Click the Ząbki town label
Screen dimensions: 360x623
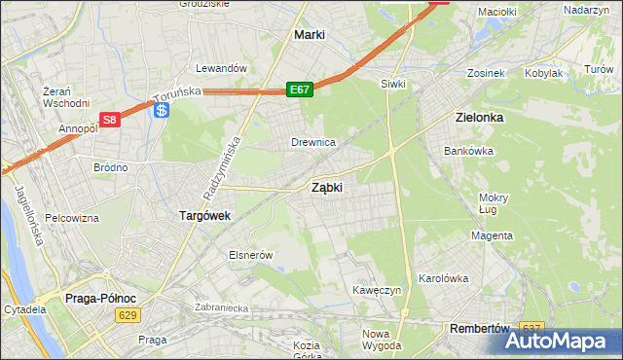[x=326, y=187]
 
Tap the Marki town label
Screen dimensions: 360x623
[x=310, y=35]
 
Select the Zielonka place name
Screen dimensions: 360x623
[x=479, y=117]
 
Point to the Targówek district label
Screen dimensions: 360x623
[x=203, y=216]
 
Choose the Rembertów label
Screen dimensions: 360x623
[x=480, y=329]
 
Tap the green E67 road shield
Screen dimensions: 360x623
[x=300, y=90]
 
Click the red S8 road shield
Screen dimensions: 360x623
[x=110, y=120]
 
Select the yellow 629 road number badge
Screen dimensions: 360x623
[x=126, y=315]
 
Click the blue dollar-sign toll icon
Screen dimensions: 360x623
[x=161, y=111]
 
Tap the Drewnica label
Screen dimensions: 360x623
[x=313, y=143]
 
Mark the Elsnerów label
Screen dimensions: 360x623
[x=248, y=255]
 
